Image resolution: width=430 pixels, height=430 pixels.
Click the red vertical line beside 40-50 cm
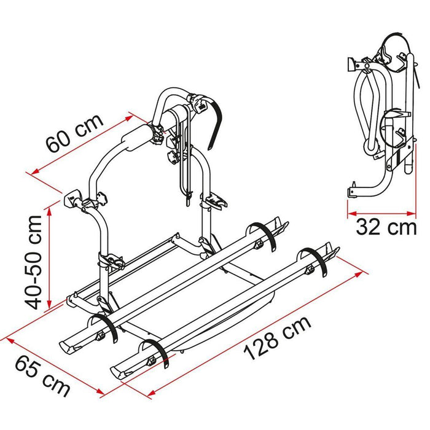(x=49, y=258)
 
